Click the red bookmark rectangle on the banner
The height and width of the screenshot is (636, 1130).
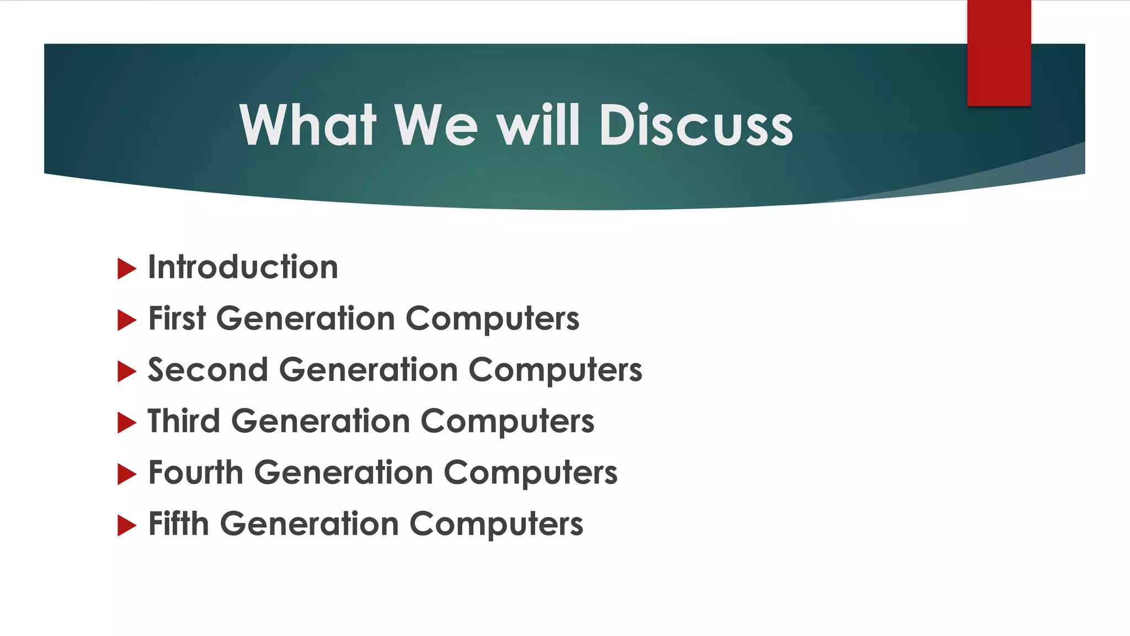[999, 52]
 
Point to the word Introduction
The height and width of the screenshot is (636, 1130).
[243, 268]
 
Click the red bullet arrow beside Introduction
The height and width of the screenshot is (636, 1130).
[127, 269]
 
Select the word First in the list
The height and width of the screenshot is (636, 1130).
[177, 319]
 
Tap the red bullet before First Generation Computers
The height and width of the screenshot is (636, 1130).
[127, 320]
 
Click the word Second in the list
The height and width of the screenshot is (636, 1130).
[207, 370]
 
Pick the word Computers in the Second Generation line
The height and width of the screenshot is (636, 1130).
[556, 370]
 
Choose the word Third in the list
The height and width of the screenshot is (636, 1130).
[184, 421]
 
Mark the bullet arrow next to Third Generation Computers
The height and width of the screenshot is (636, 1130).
[127, 423]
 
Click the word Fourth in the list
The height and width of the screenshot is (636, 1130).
[196, 473]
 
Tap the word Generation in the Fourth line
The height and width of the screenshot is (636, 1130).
[343, 473]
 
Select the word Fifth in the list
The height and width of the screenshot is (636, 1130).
[179, 524]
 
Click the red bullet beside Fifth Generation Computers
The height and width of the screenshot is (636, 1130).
[127, 526]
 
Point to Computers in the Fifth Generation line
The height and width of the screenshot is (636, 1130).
[496, 524]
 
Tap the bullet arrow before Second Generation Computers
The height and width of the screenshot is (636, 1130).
[127, 372]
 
